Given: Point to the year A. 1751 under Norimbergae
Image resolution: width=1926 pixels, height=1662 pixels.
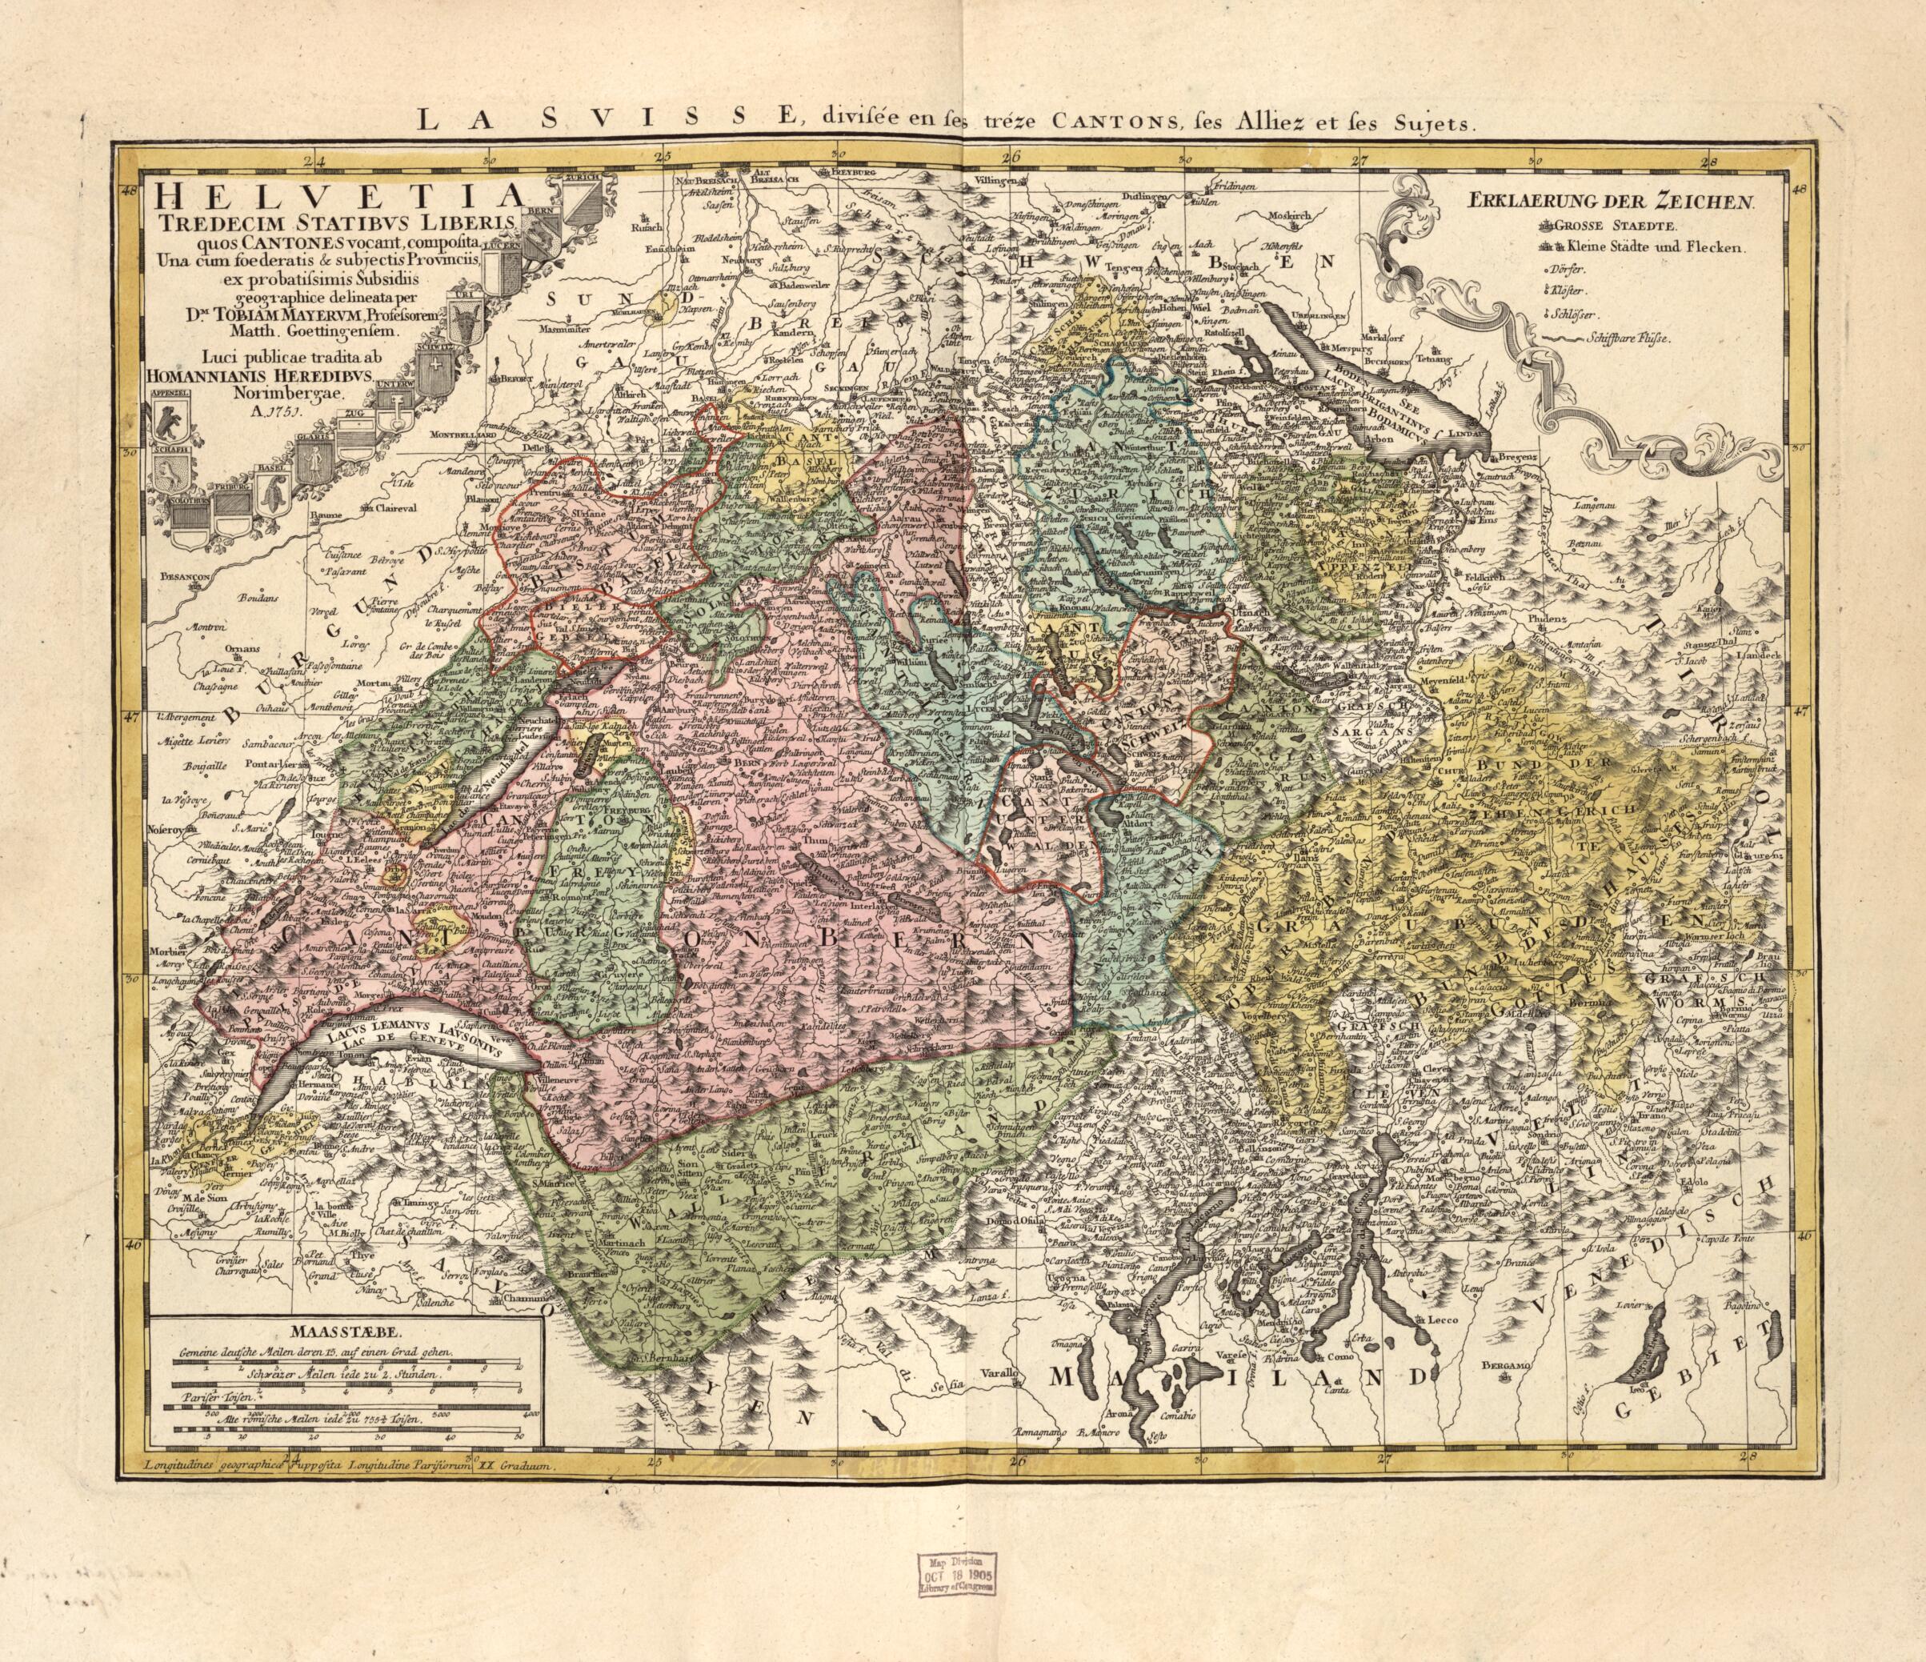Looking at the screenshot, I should [x=264, y=414].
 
